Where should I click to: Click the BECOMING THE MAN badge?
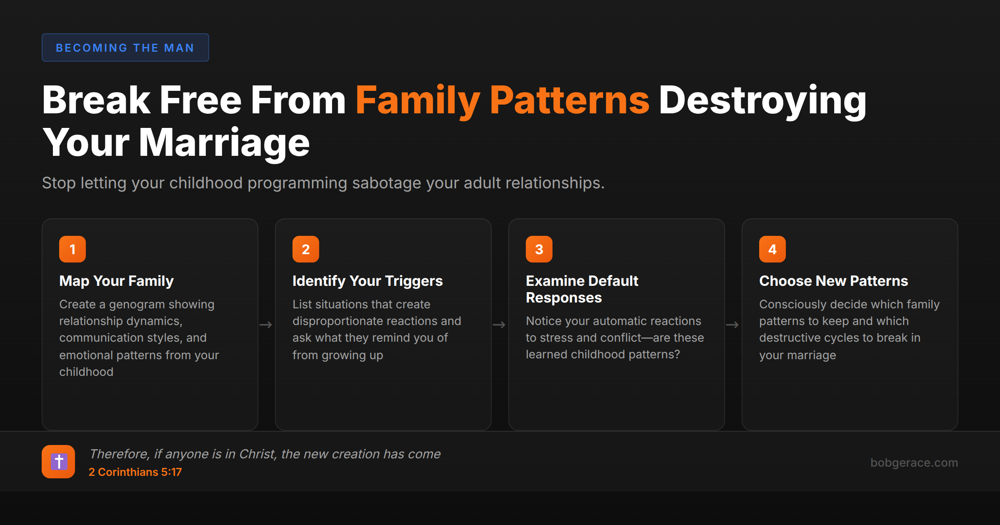pos(125,47)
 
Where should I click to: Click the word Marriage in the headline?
pos(224,142)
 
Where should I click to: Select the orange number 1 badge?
pos(72,249)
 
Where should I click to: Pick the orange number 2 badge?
pos(306,249)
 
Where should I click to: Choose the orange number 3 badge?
pos(539,249)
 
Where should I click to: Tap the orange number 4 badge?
pos(772,249)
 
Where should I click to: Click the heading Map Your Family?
pos(116,281)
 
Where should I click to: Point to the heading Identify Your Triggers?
pos(367,281)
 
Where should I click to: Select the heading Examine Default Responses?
pos(582,289)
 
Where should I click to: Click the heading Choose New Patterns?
pos(833,281)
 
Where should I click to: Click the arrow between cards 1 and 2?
pos(266,325)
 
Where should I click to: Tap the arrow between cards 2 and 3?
pos(499,325)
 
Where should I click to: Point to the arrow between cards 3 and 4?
pos(732,325)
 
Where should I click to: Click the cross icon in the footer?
pos(58,462)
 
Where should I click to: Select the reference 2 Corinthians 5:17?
pos(135,472)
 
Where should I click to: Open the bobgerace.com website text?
pos(914,462)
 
